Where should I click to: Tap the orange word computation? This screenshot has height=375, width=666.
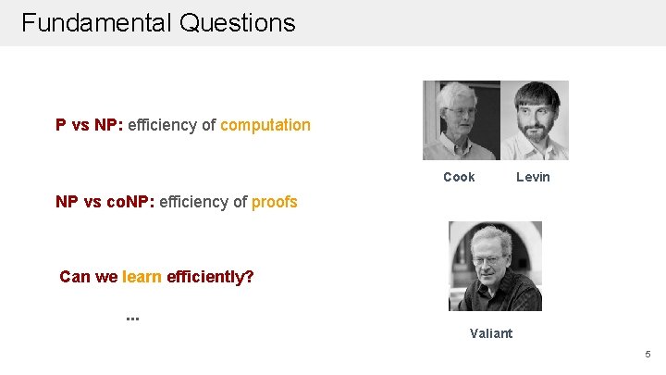265,124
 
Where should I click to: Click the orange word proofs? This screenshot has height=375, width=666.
275,201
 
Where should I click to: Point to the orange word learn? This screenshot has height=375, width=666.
142,276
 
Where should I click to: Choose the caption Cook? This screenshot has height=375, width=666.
459,177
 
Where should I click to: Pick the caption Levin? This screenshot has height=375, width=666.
533,177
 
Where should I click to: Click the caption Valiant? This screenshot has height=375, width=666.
490,333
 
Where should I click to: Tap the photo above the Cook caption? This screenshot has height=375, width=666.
462,120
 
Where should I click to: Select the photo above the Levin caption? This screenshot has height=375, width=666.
535,120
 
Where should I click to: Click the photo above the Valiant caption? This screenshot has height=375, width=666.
495,266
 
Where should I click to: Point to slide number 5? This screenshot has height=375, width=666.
647,354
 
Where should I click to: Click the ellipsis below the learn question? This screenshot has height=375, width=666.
132,318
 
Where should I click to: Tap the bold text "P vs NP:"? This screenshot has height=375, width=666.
89,124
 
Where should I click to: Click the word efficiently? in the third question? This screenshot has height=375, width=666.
210,276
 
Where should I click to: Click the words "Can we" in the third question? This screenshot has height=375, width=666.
88,276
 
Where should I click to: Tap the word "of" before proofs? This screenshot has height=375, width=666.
240,201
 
